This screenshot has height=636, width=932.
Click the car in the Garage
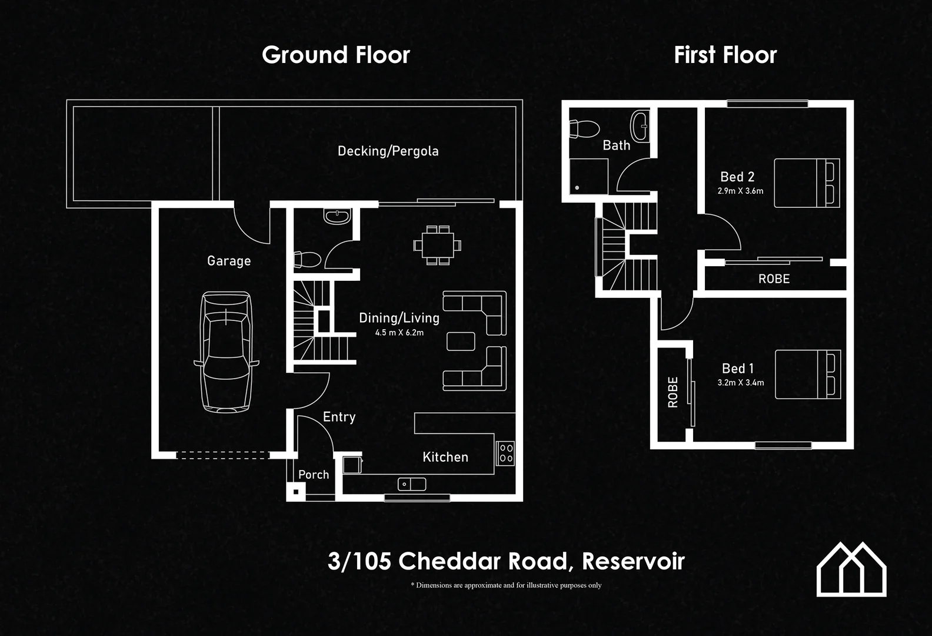coord(227,352)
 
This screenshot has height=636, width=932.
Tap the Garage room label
coord(229,261)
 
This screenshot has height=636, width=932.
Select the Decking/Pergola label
coord(388,151)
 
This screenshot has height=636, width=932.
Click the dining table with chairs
coord(438,245)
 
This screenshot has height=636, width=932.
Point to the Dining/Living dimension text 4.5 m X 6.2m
coord(399,333)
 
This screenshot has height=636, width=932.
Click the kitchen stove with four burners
coord(505,453)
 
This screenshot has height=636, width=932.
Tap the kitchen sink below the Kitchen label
coord(412,485)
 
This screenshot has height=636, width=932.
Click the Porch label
coord(314,475)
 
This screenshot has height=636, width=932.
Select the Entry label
coord(339,417)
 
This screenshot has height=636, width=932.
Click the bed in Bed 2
coord(806,183)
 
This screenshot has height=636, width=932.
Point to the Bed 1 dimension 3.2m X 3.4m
coord(740,383)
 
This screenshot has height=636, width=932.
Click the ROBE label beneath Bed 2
coord(774,279)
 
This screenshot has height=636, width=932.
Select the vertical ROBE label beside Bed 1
coord(673,392)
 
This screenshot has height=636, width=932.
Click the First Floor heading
coord(725,55)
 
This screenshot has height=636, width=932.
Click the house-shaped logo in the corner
coord(851,569)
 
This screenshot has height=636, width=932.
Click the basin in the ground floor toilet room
coord(337,217)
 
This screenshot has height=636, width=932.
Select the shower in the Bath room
coord(588,175)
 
